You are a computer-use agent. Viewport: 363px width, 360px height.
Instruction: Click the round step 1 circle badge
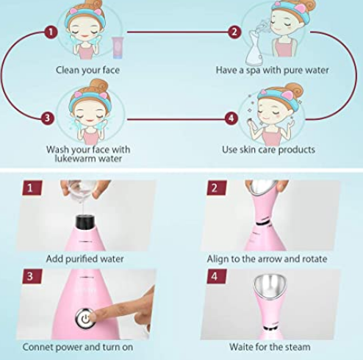[51, 32]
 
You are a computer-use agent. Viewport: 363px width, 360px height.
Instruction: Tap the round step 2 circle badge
[234, 32]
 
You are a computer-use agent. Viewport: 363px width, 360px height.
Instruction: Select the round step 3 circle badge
[47, 118]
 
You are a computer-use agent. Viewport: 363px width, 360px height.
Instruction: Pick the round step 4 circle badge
[231, 118]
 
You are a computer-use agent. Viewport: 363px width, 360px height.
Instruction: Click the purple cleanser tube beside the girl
[118, 48]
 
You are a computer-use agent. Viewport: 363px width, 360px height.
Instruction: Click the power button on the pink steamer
[85, 318]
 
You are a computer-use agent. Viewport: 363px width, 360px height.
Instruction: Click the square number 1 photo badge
[32, 188]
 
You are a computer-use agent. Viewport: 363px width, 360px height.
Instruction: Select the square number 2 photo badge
[217, 188]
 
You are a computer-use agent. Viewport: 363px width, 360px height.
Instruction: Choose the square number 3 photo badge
[32, 276]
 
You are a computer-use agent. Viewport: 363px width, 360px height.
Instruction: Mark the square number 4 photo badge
[217, 276]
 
